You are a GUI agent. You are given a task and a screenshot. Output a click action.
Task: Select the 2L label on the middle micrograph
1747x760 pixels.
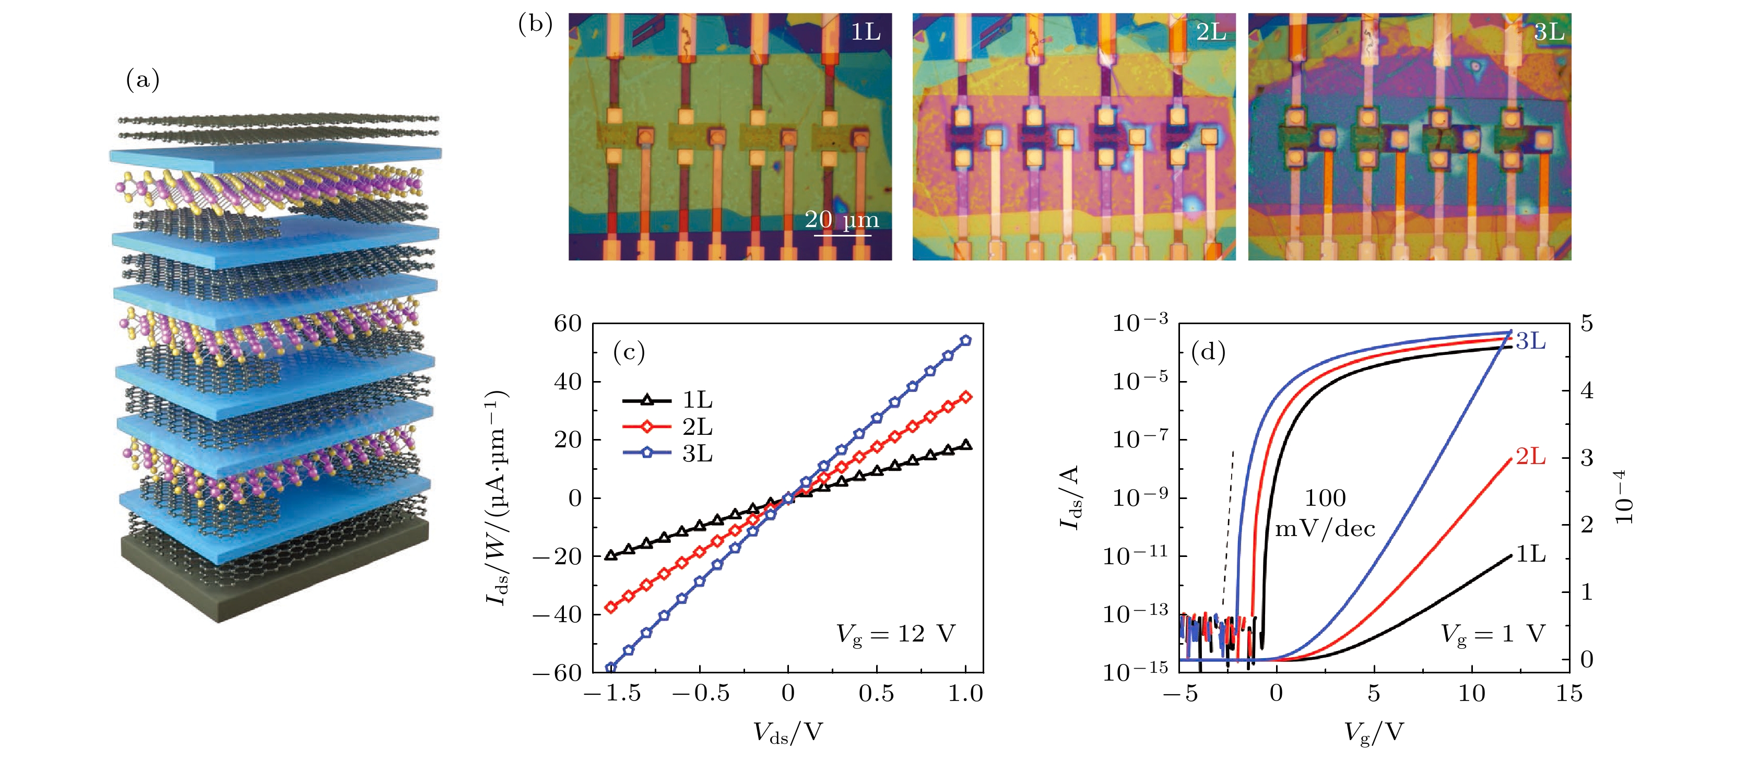pos(1211,32)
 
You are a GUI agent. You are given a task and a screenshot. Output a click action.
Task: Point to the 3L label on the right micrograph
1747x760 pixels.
pos(1548,32)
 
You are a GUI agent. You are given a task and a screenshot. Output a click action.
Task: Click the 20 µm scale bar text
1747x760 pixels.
pos(842,220)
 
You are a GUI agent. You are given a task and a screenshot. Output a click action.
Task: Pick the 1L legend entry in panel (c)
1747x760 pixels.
pos(668,400)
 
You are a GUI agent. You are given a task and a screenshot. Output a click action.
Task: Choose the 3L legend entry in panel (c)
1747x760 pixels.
pos(668,453)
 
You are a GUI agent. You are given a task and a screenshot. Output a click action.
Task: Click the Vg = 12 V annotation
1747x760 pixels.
pos(895,634)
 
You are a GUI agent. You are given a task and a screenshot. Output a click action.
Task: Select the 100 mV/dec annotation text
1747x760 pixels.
pos(1325,513)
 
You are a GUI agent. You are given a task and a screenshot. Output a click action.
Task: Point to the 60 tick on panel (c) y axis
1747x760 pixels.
pos(568,324)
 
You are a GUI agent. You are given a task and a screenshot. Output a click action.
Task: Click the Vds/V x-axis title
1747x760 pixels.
pos(787,732)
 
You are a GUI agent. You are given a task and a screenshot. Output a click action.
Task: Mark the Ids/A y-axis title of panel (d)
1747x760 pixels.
pos(1069,497)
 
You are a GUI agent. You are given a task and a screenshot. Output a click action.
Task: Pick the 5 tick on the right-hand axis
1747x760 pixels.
pos(1587,324)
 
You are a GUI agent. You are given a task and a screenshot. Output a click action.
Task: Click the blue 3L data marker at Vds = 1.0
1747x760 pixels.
pos(966,340)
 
